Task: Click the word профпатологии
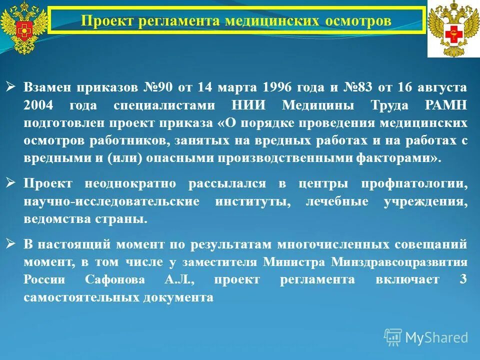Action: [x=414, y=183]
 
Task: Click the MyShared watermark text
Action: [x=436, y=337]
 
